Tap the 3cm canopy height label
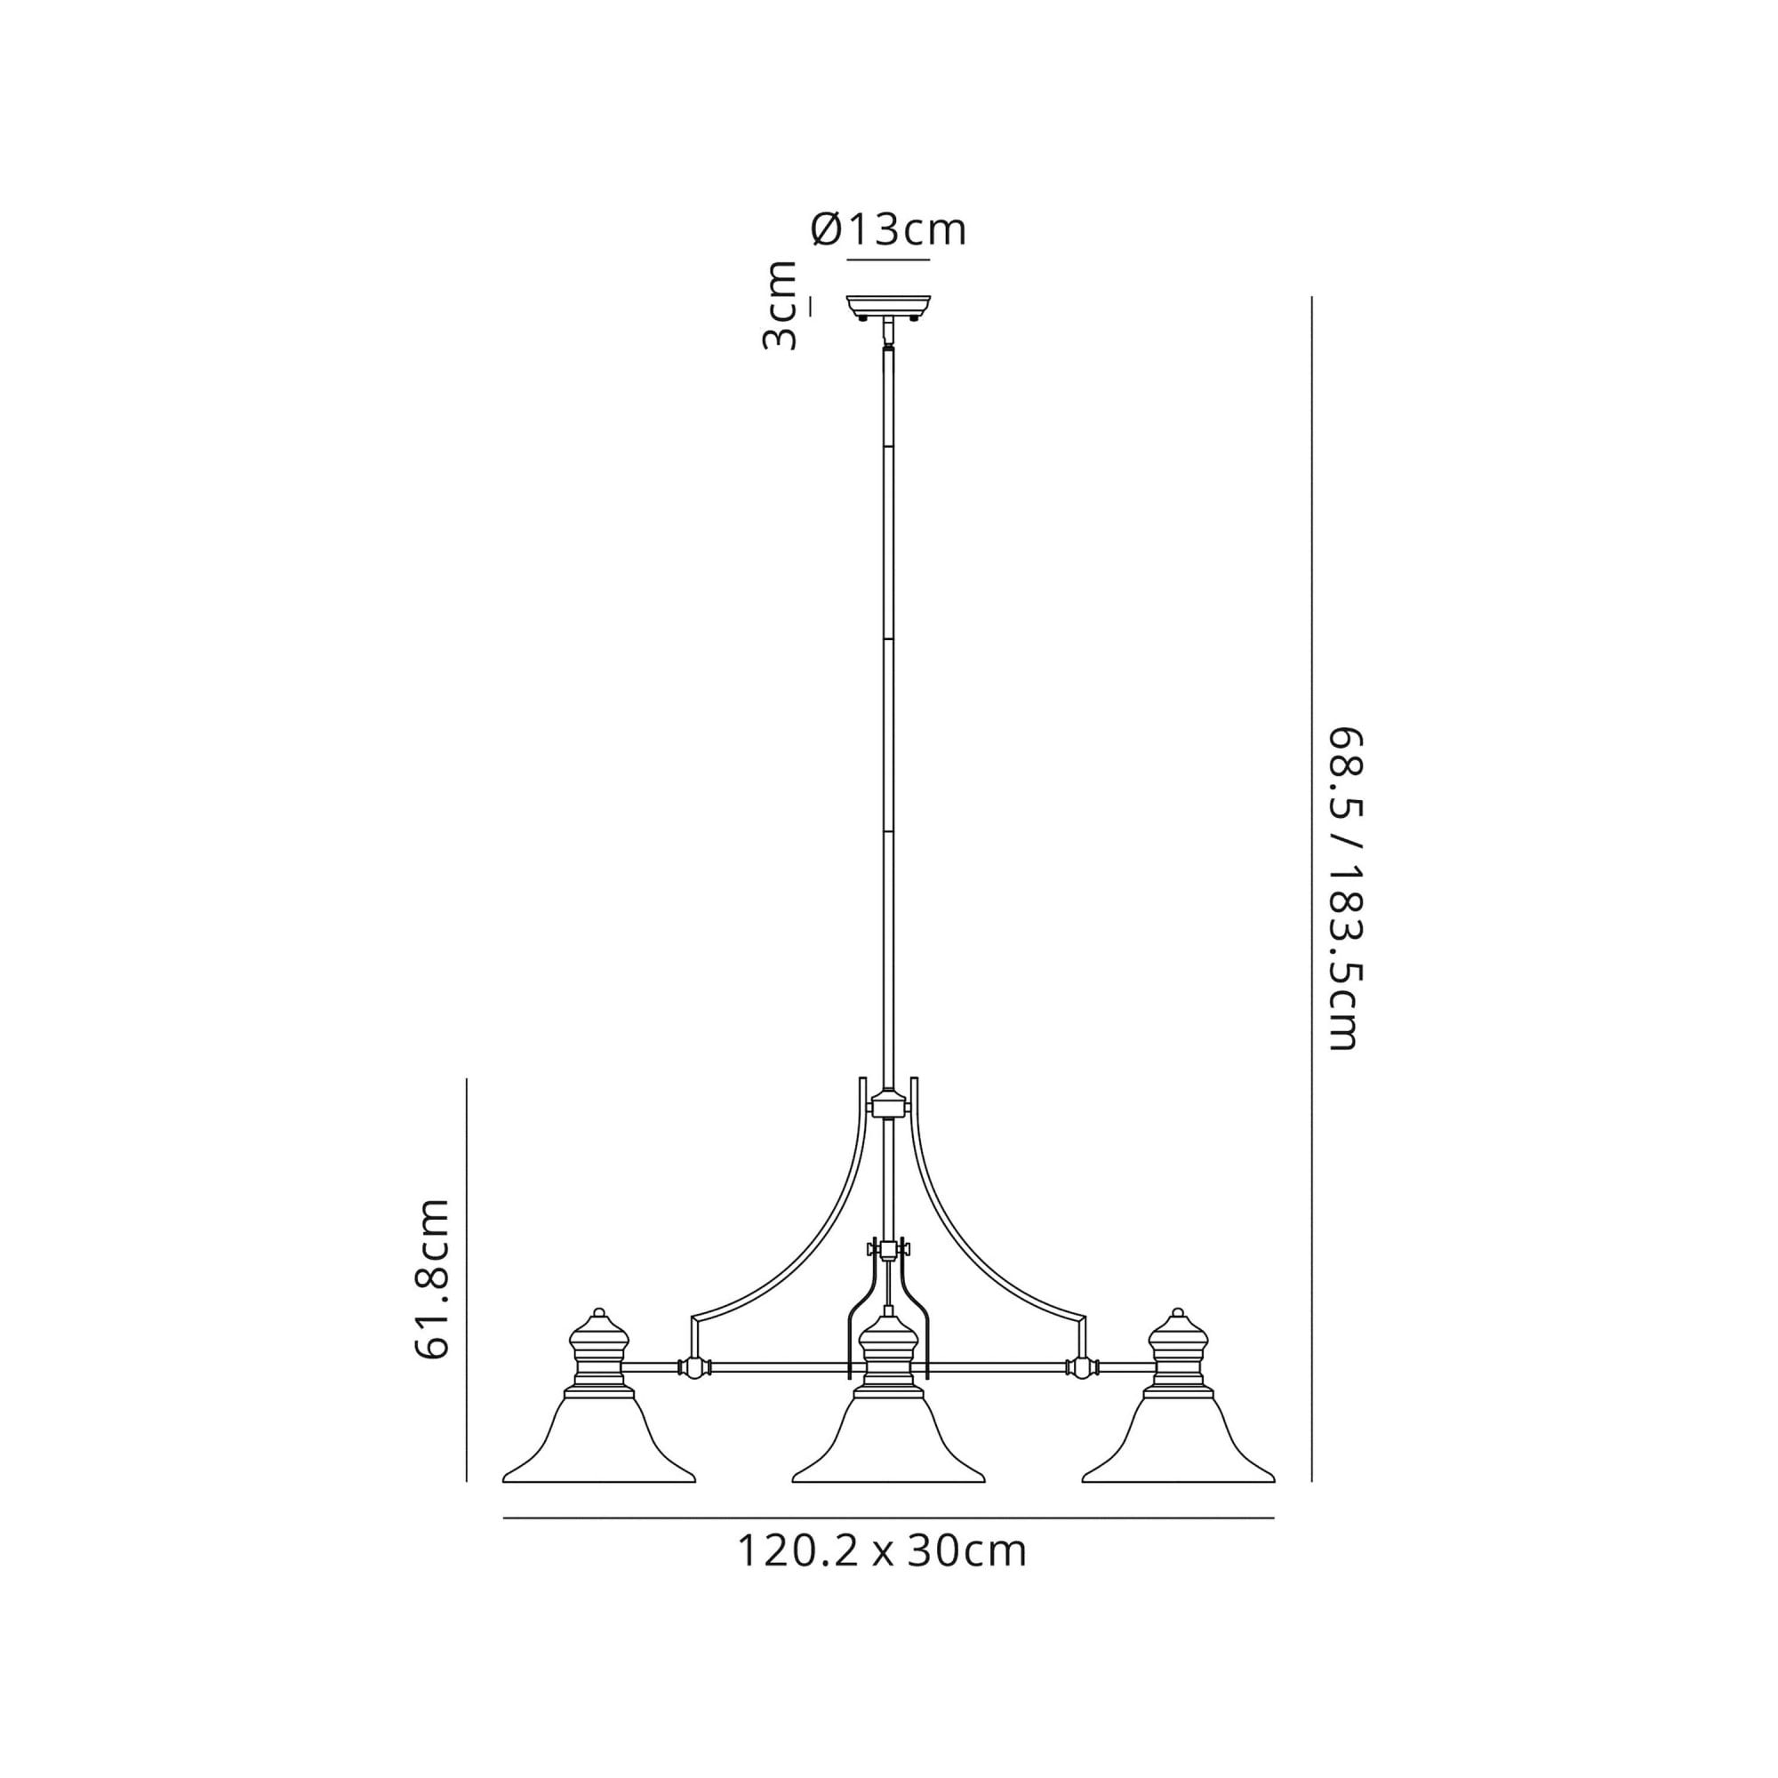click(780, 305)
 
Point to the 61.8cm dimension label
click(432, 1279)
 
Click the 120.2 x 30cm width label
click(882, 1550)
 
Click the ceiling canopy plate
click(888, 304)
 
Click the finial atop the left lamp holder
click(599, 1314)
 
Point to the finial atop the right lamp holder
click(1178, 1314)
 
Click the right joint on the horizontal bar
click(1084, 1393)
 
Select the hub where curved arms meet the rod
click(888, 1103)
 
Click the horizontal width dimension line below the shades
click(888, 1518)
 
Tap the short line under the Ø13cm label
click(888, 260)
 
